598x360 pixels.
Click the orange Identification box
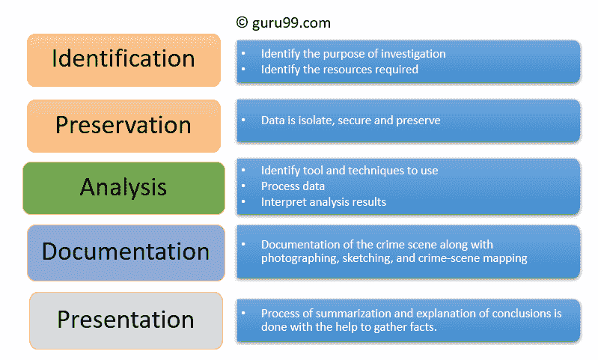[x=124, y=61]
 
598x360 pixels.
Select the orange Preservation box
[x=124, y=126]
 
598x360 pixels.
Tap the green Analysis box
[x=124, y=188]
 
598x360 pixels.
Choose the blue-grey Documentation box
[x=126, y=252]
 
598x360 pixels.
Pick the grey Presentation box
[x=126, y=320]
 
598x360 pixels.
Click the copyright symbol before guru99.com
[x=242, y=22]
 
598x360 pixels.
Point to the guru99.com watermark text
[x=291, y=23]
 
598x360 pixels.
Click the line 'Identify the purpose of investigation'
[x=353, y=54]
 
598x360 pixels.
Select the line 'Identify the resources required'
[x=340, y=70]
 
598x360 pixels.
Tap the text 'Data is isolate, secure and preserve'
[x=350, y=120]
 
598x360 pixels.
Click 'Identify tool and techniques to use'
[x=350, y=171]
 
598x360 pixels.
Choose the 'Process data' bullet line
[x=293, y=186]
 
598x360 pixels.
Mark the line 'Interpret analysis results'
[x=323, y=202]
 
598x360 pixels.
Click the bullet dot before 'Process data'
[x=243, y=186]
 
